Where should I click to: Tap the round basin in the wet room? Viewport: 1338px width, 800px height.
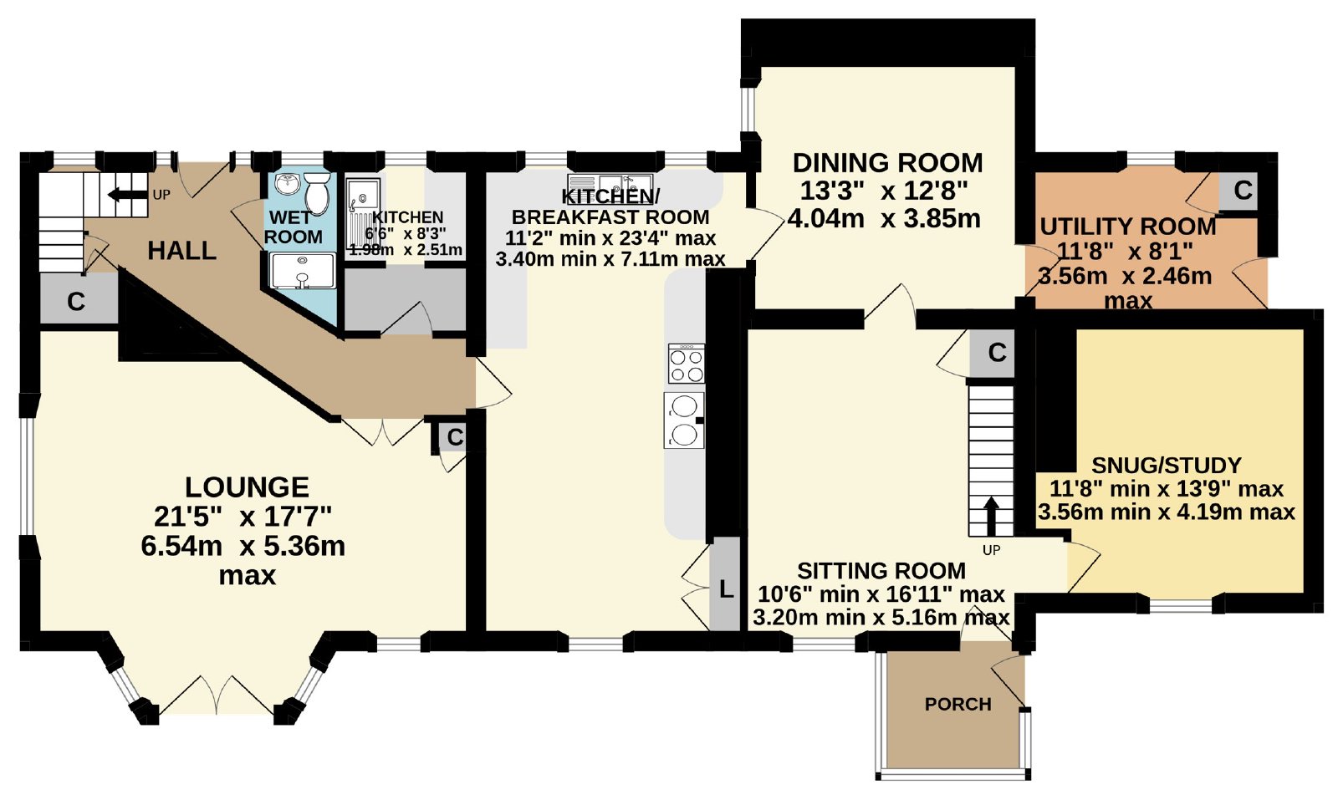coord(289,183)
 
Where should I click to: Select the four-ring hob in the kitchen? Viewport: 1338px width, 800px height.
coord(687,364)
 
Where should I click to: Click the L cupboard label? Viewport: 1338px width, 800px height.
coord(726,590)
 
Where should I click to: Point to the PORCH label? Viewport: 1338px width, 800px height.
coord(958,705)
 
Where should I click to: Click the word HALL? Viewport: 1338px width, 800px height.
coord(181,251)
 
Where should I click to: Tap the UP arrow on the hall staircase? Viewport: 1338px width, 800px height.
coord(126,195)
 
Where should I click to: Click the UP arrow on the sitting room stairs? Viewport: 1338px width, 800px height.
coord(990,517)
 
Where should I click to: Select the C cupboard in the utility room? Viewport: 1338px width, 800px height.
coord(1243,191)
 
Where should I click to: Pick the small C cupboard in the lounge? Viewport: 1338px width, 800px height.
coord(455,437)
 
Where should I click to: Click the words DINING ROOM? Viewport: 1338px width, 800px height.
coord(887,163)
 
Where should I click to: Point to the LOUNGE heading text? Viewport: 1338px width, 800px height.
coord(247,487)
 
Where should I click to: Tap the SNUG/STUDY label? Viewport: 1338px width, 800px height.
coord(1167,466)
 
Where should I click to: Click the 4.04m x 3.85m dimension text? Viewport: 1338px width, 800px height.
coord(884,219)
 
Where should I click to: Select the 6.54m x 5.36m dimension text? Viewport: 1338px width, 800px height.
coord(243,546)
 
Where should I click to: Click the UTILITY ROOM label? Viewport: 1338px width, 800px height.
coord(1128,227)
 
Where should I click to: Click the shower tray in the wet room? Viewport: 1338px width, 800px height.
coord(303,271)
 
